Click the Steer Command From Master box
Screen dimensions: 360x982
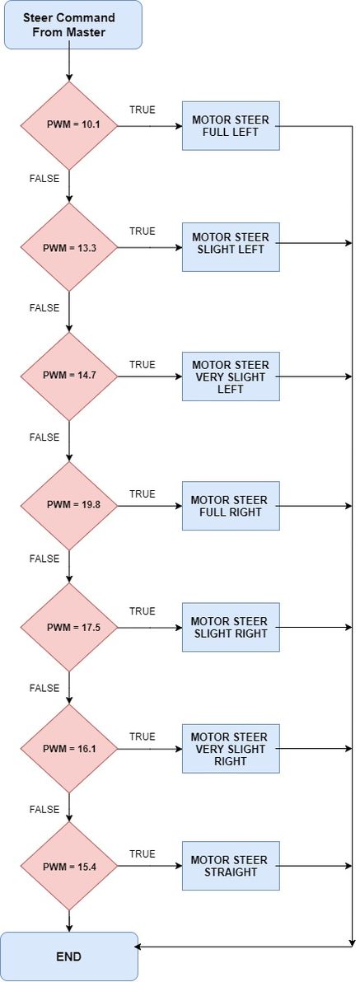coord(73,25)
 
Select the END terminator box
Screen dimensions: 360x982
coord(69,956)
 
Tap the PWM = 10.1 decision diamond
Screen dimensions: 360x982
coord(69,125)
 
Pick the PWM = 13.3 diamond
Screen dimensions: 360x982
coord(69,247)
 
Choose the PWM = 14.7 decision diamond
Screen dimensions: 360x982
coord(69,376)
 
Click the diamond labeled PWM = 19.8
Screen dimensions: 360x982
coord(69,505)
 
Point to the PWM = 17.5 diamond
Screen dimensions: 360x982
coord(69,627)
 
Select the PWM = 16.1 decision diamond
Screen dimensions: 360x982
coord(69,748)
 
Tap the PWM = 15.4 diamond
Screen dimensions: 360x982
coord(69,866)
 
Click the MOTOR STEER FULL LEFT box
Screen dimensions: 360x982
coord(231,126)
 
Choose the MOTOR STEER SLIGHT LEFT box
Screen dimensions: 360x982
coord(231,247)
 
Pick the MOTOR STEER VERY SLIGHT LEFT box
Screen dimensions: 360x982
coord(231,376)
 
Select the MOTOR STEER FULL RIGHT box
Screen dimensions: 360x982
coord(231,505)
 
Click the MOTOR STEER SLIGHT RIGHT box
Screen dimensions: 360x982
coord(231,627)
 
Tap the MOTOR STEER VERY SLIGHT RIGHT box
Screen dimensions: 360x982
coord(231,748)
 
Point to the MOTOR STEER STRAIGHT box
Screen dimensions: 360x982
coord(231,866)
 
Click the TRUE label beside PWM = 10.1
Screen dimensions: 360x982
coord(143,110)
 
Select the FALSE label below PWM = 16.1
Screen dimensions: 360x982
coord(44,810)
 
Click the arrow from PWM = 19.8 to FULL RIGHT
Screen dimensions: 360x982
coord(150,506)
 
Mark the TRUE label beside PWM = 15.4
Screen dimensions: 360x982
coord(143,853)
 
